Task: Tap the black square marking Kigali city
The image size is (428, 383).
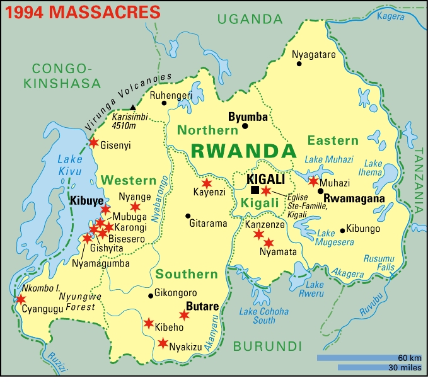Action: [255, 190]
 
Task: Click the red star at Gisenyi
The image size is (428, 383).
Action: [93, 143]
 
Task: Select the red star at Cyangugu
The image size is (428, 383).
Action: [21, 299]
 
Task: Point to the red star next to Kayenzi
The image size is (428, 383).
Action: [206, 183]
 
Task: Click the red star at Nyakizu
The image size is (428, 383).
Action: [163, 343]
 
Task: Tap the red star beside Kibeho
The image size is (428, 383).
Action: [148, 323]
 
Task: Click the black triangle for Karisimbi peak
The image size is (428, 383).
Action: [132, 108]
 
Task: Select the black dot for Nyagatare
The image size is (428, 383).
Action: [299, 64]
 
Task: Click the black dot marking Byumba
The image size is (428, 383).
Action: [245, 126]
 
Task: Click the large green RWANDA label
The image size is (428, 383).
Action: [243, 151]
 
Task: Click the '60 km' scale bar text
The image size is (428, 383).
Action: [409, 357]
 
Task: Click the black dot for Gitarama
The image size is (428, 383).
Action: [187, 215]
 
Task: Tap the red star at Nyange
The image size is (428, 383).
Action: [135, 206]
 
